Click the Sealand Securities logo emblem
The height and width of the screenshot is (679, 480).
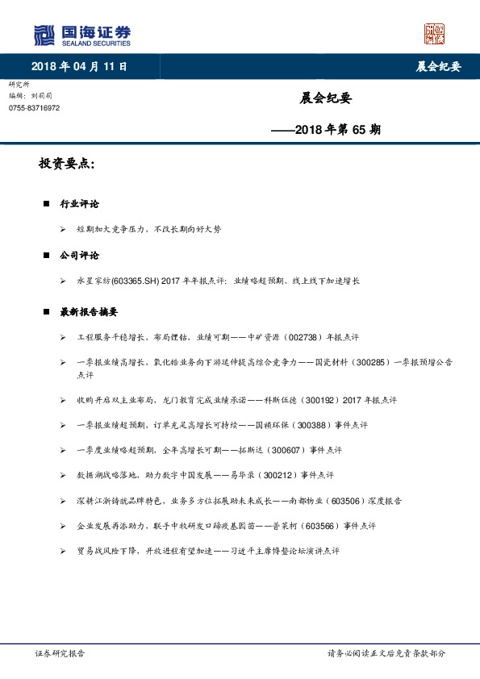[44, 35]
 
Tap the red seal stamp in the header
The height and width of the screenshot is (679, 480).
[434, 34]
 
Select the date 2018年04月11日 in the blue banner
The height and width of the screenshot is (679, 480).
[79, 66]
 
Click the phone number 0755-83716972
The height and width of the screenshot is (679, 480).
[34, 108]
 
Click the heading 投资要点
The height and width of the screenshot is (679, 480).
[65, 165]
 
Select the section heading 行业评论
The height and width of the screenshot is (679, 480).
[79, 204]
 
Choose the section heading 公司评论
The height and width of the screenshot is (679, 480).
[79, 255]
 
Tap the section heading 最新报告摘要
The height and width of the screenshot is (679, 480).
[89, 311]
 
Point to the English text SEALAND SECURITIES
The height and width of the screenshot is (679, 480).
[95, 43]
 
